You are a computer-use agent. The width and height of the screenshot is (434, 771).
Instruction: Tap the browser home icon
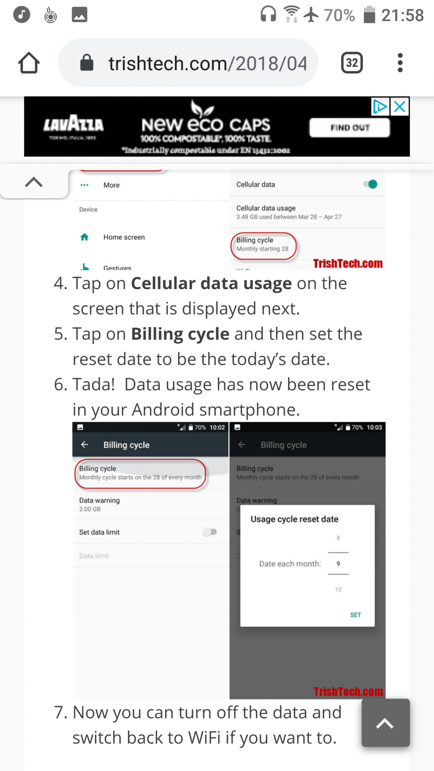(29, 63)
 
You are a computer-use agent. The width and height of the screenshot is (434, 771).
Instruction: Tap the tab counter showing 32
(351, 63)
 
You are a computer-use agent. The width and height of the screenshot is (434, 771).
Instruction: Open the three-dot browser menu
(400, 63)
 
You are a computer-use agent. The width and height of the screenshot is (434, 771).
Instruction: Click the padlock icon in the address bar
(87, 63)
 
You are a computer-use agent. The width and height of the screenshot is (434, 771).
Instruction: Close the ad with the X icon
(400, 107)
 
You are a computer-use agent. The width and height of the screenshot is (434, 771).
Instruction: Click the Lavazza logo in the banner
(73, 125)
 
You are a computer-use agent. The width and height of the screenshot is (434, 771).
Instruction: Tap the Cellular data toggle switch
(370, 184)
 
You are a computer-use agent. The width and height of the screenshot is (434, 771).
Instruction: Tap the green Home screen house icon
(84, 237)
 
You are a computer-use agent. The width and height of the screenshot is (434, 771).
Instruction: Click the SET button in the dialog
(355, 615)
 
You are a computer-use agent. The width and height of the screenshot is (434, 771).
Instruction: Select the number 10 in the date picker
(338, 589)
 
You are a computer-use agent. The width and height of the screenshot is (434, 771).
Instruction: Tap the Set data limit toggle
(210, 532)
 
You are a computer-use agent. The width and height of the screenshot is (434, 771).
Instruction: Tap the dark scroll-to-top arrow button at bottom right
(385, 723)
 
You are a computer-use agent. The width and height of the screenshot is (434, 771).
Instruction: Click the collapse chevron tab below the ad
(34, 182)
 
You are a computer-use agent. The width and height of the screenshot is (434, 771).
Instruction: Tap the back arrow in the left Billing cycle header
(85, 445)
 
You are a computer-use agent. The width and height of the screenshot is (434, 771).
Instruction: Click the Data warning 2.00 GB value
(90, 509)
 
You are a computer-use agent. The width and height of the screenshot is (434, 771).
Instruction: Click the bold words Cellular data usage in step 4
(211, 284)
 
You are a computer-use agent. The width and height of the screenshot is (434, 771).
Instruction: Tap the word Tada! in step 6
(94, 385)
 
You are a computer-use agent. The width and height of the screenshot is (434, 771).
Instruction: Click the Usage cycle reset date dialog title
(294, 519)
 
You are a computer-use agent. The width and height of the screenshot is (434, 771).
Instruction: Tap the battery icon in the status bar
(369, 15)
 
